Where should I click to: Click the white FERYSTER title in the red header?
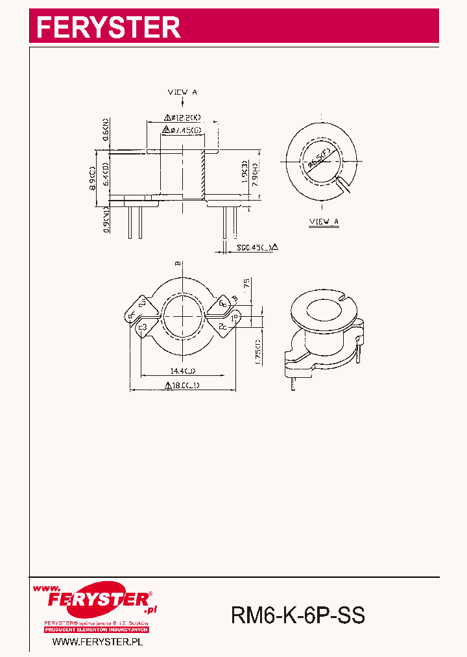tap(108, 27)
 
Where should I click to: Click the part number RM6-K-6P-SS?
tap(298, 614)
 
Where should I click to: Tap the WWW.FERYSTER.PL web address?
tap(97, 641)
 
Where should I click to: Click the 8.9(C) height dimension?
tap(93, 178)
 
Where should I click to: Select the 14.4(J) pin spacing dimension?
tap(184, 371)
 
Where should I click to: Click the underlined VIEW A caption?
tap(324, 222)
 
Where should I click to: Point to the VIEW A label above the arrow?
tap(182, 93)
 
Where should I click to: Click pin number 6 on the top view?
tap(221, 303)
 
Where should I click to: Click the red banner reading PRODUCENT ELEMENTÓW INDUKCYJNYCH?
tap(97, 630)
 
